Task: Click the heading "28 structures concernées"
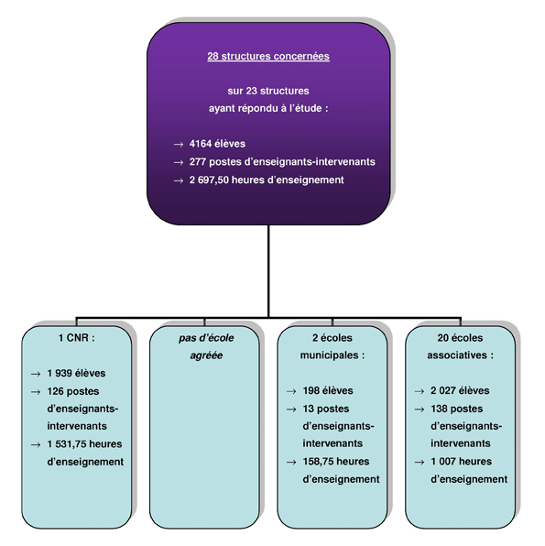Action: coord(268,57)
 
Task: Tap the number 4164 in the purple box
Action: coord(201,144)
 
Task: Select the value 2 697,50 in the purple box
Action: coord(209,180)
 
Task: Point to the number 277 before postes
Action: coord(198,161)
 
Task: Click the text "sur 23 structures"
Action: coord(268,91)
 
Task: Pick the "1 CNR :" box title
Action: coord(77,338)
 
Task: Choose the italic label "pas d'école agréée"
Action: coord(206,346)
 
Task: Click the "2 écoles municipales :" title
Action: coord(332,346)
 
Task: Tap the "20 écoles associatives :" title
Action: coord(461,346)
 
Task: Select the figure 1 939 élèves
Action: coord(76,373)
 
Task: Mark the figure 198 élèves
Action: coord(328,390)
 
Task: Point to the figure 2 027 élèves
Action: coord(460,390)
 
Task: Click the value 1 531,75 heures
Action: coord(84,444)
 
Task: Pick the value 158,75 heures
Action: coord(336,462)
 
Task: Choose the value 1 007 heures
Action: coord(462,462)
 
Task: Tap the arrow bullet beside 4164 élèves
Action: coord(179,144)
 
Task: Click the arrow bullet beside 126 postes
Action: coord(36,392)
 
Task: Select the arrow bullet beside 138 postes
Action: coord(420,409)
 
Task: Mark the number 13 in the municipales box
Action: coord(308,409)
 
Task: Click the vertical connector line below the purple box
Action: coord(268,271)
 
